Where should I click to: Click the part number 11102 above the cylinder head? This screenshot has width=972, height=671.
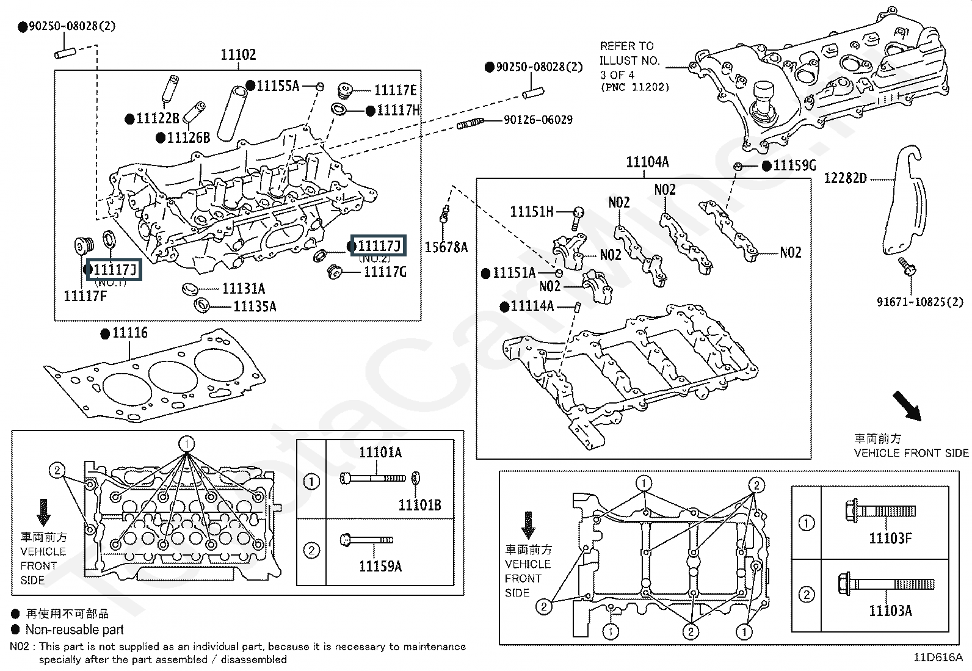click(x=238, y=55)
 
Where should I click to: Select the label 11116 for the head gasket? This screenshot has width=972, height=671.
click(x=130, y=333)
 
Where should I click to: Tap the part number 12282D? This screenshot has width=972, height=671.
click(x=845, y=178)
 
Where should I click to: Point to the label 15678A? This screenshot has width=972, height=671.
click(x=446, y=247)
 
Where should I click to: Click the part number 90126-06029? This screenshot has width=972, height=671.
click(x=538, y=120)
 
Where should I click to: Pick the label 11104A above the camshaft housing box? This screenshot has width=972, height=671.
click(x=647, y=162)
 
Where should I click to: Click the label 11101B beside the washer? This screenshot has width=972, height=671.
click(x=419, y=505)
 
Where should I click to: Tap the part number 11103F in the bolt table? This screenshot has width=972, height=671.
click(x=890, y=539)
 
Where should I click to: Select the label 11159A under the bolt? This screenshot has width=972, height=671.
click(x=380, y=567)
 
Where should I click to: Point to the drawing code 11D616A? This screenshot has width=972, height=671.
click(x=938, y=658)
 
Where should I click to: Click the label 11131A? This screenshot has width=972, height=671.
click(x=243, y=289)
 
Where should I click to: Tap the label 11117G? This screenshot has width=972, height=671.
click(x=385, y=272)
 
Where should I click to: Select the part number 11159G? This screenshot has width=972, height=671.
click(x=794, y=166)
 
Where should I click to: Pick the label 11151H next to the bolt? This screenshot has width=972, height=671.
click(x=531, y=212)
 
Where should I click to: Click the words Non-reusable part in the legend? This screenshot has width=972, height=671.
click(x=74, y=629)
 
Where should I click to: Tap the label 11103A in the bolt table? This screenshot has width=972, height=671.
click(x=890, y=611)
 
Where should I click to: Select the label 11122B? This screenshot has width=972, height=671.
click(x=158, y=119)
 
